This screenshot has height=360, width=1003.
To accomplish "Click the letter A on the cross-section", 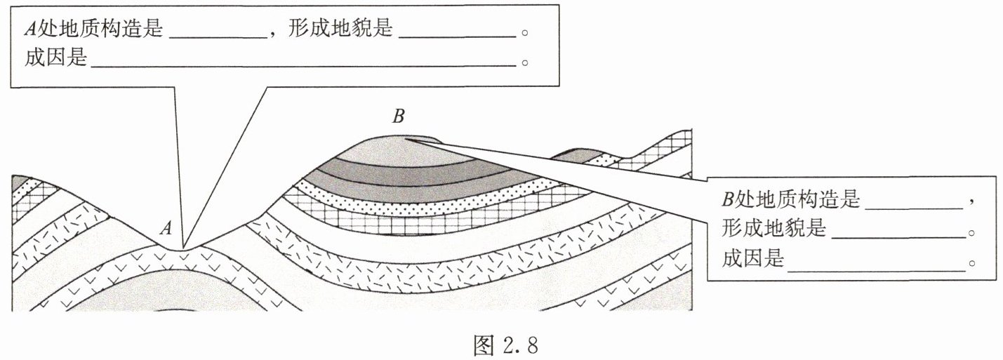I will [x=166, y=227].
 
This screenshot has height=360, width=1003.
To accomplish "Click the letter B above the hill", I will [x=398, y=116].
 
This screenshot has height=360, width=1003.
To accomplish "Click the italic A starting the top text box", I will [x=30, y=28].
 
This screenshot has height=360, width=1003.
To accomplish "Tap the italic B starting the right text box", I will [x=728, y=200].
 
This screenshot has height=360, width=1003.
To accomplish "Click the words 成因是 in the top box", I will [x=55, y=56].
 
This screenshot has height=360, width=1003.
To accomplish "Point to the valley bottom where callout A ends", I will [x=184, y=248].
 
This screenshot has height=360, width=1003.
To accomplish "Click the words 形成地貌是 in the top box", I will [x=340, y=28].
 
